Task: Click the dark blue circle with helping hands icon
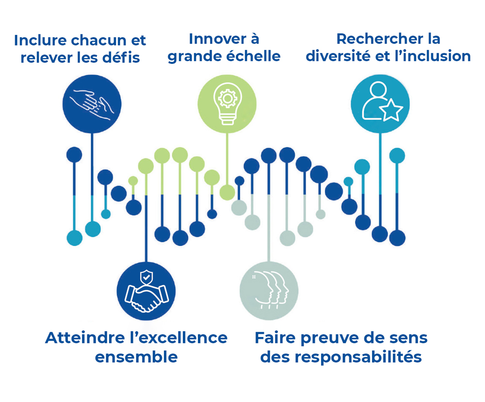point(92,104)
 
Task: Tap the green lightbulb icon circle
point(227,104)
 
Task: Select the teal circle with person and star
point(380,104)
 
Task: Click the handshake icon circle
point(146,291)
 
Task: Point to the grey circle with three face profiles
point(269,291)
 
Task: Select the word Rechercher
point(380,39)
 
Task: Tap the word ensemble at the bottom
point(136,357)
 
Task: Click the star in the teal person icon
point(392,110)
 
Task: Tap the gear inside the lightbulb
point(227,99)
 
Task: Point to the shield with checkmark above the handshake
point(146,277)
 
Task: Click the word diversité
point(339,56)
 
